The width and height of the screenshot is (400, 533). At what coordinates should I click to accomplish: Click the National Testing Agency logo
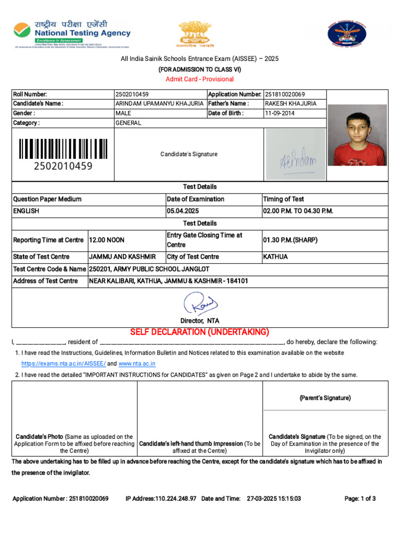click(72, 34)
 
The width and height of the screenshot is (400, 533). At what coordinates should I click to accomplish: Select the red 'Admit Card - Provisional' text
click(199, 79)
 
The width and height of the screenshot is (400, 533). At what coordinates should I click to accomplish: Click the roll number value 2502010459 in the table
click(132, 94)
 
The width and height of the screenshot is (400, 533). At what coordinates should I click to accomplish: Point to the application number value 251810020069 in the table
click(285, 94)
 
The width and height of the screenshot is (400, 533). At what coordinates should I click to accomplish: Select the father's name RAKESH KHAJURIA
click(290, 104)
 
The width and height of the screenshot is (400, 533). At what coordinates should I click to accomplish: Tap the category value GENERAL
click(128, 123)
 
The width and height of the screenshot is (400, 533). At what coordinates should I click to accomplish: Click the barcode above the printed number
click(63, 149)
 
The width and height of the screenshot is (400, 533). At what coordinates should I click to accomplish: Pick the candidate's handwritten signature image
click(295, 155)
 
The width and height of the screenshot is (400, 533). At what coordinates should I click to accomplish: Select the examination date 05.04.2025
click(183, 211)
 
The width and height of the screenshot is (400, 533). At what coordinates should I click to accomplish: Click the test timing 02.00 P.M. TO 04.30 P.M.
click(298, 211)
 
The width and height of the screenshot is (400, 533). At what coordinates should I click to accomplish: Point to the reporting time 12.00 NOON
click(107, 240)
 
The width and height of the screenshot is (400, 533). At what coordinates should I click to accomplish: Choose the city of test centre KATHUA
click(276, 257)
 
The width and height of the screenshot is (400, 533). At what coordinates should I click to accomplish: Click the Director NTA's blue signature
click(200, 303)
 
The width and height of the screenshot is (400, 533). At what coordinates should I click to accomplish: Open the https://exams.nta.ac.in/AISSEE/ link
click(64, 364)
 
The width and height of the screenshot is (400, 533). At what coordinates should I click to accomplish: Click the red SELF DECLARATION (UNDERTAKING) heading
click(199, 332)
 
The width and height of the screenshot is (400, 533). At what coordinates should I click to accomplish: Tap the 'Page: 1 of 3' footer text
click(360, 499)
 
